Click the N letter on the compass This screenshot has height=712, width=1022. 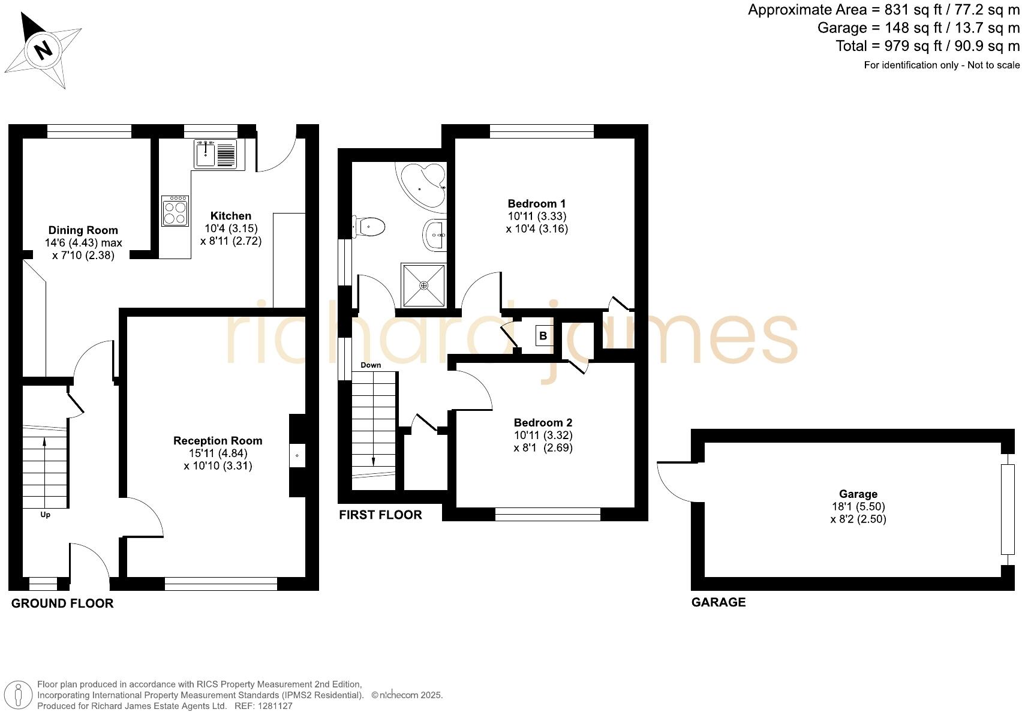pos(43,49)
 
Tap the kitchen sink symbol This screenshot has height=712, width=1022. pos(215,154)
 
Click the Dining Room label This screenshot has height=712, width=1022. pos(83,230)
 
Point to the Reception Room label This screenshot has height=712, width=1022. pos(218,441)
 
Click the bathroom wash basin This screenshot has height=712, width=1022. pos(435,235)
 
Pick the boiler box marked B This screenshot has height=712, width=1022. pos(543,336)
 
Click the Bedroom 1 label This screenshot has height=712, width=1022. pos(537,204)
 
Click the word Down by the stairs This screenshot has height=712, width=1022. pos(371,365)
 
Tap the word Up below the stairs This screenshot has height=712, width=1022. pos(45,515)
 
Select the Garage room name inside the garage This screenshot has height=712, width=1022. pos(858,494)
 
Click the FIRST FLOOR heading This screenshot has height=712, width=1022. pos(380,515)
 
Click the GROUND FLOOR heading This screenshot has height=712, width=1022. pos(62,604)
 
